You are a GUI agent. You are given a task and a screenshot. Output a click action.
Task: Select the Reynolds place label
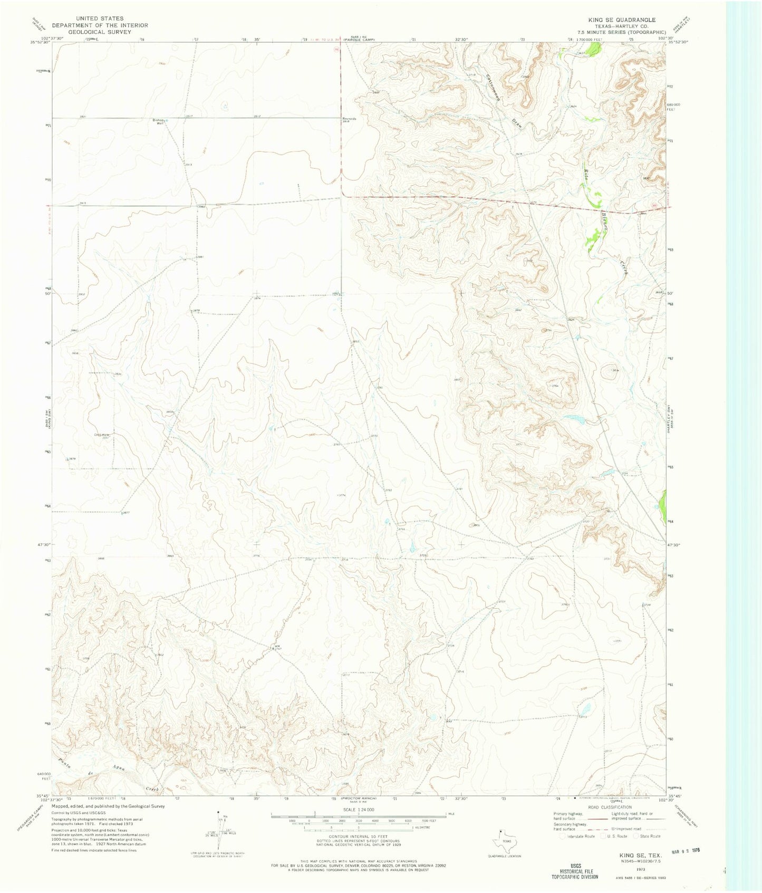[x=350, y=119]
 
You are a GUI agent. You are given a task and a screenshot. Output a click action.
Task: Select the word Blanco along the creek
[x=605, y=221]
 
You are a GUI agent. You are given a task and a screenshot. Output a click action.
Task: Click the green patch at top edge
[x=593, y=50]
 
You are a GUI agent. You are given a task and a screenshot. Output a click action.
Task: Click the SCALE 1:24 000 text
[x=359, y=809]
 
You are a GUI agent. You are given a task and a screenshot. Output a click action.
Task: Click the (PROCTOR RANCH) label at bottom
[x=357, y=799]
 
